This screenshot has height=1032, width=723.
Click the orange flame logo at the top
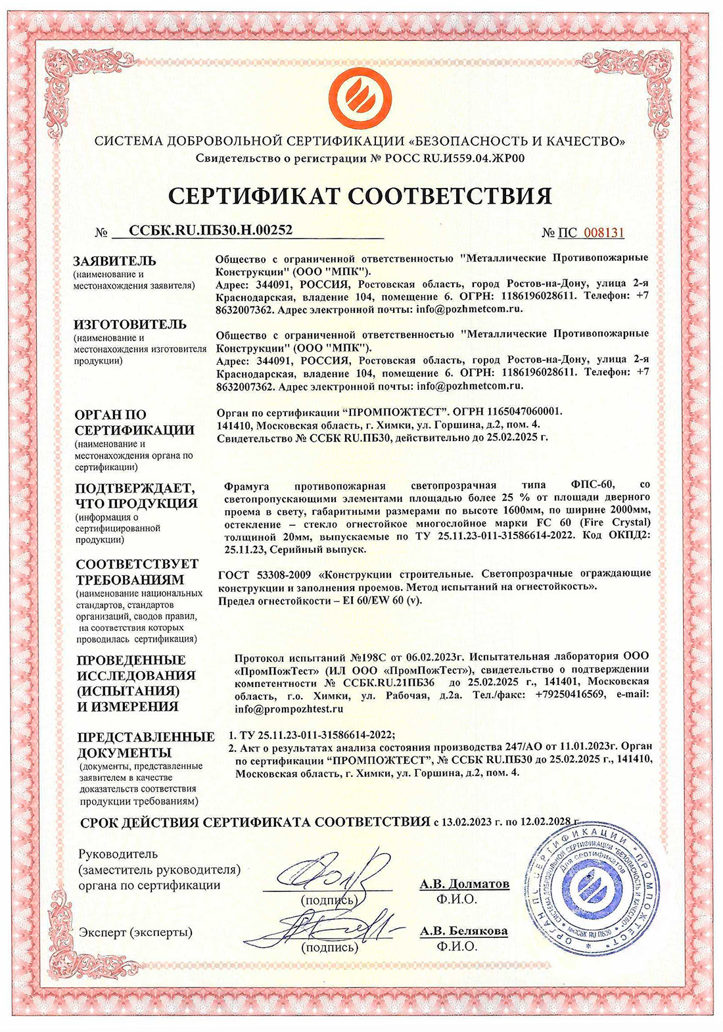(360, 95)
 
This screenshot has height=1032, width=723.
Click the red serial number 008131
(604, 233)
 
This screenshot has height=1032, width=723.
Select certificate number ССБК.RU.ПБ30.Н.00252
(210, 229)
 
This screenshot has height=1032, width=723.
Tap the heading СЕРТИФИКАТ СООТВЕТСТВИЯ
(360, 195)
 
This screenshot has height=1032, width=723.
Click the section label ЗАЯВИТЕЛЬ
(115, 260)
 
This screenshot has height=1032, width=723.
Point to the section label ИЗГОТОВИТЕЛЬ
(130, 324)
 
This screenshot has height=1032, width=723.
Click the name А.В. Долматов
(465, 884)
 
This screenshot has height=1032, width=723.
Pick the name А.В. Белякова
(464, 931)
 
